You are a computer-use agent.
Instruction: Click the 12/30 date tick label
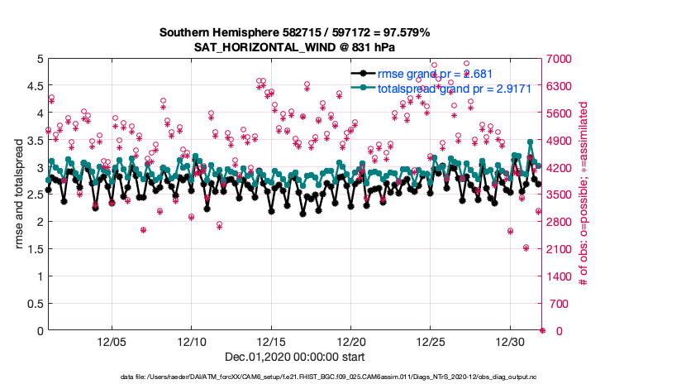point(511,341)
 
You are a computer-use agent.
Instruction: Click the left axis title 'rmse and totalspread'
point(18,194)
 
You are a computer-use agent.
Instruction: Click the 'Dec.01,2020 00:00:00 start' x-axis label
point(294,357)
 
